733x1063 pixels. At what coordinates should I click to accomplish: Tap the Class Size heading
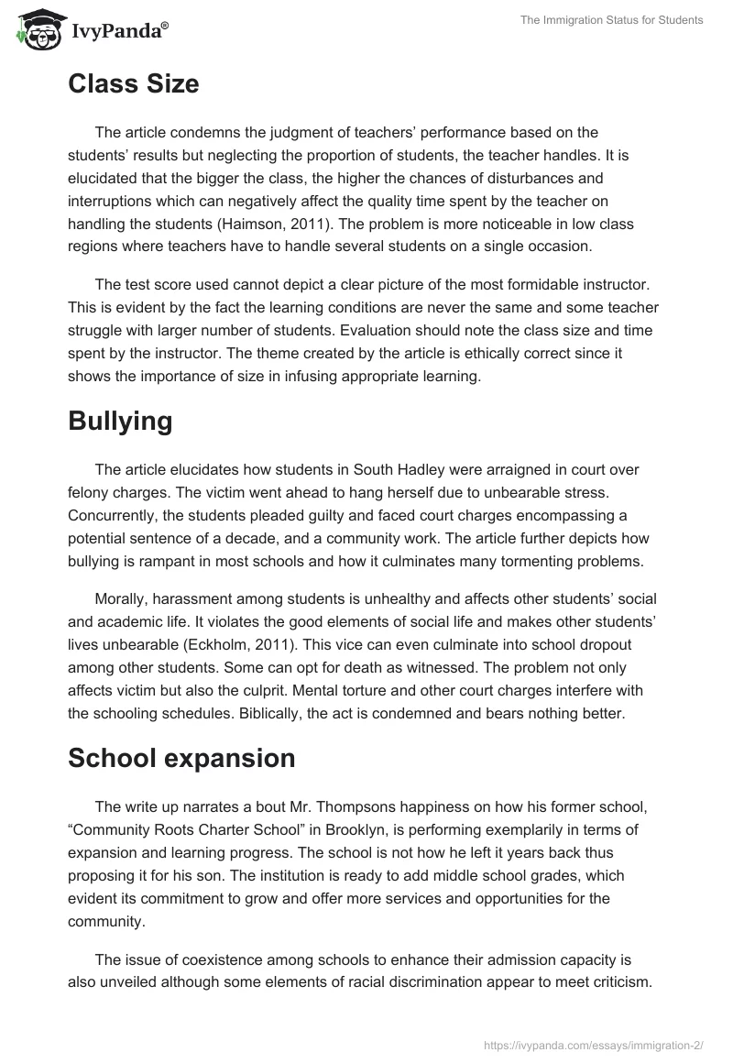point(133,84)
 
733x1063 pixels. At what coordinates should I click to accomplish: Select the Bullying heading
point(120,421)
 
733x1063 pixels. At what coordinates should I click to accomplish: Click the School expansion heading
point(181,758)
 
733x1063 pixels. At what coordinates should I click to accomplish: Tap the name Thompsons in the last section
point(276,806)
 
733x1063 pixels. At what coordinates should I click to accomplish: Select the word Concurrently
point(113,514)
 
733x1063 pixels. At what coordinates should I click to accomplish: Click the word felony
point(90,492)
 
